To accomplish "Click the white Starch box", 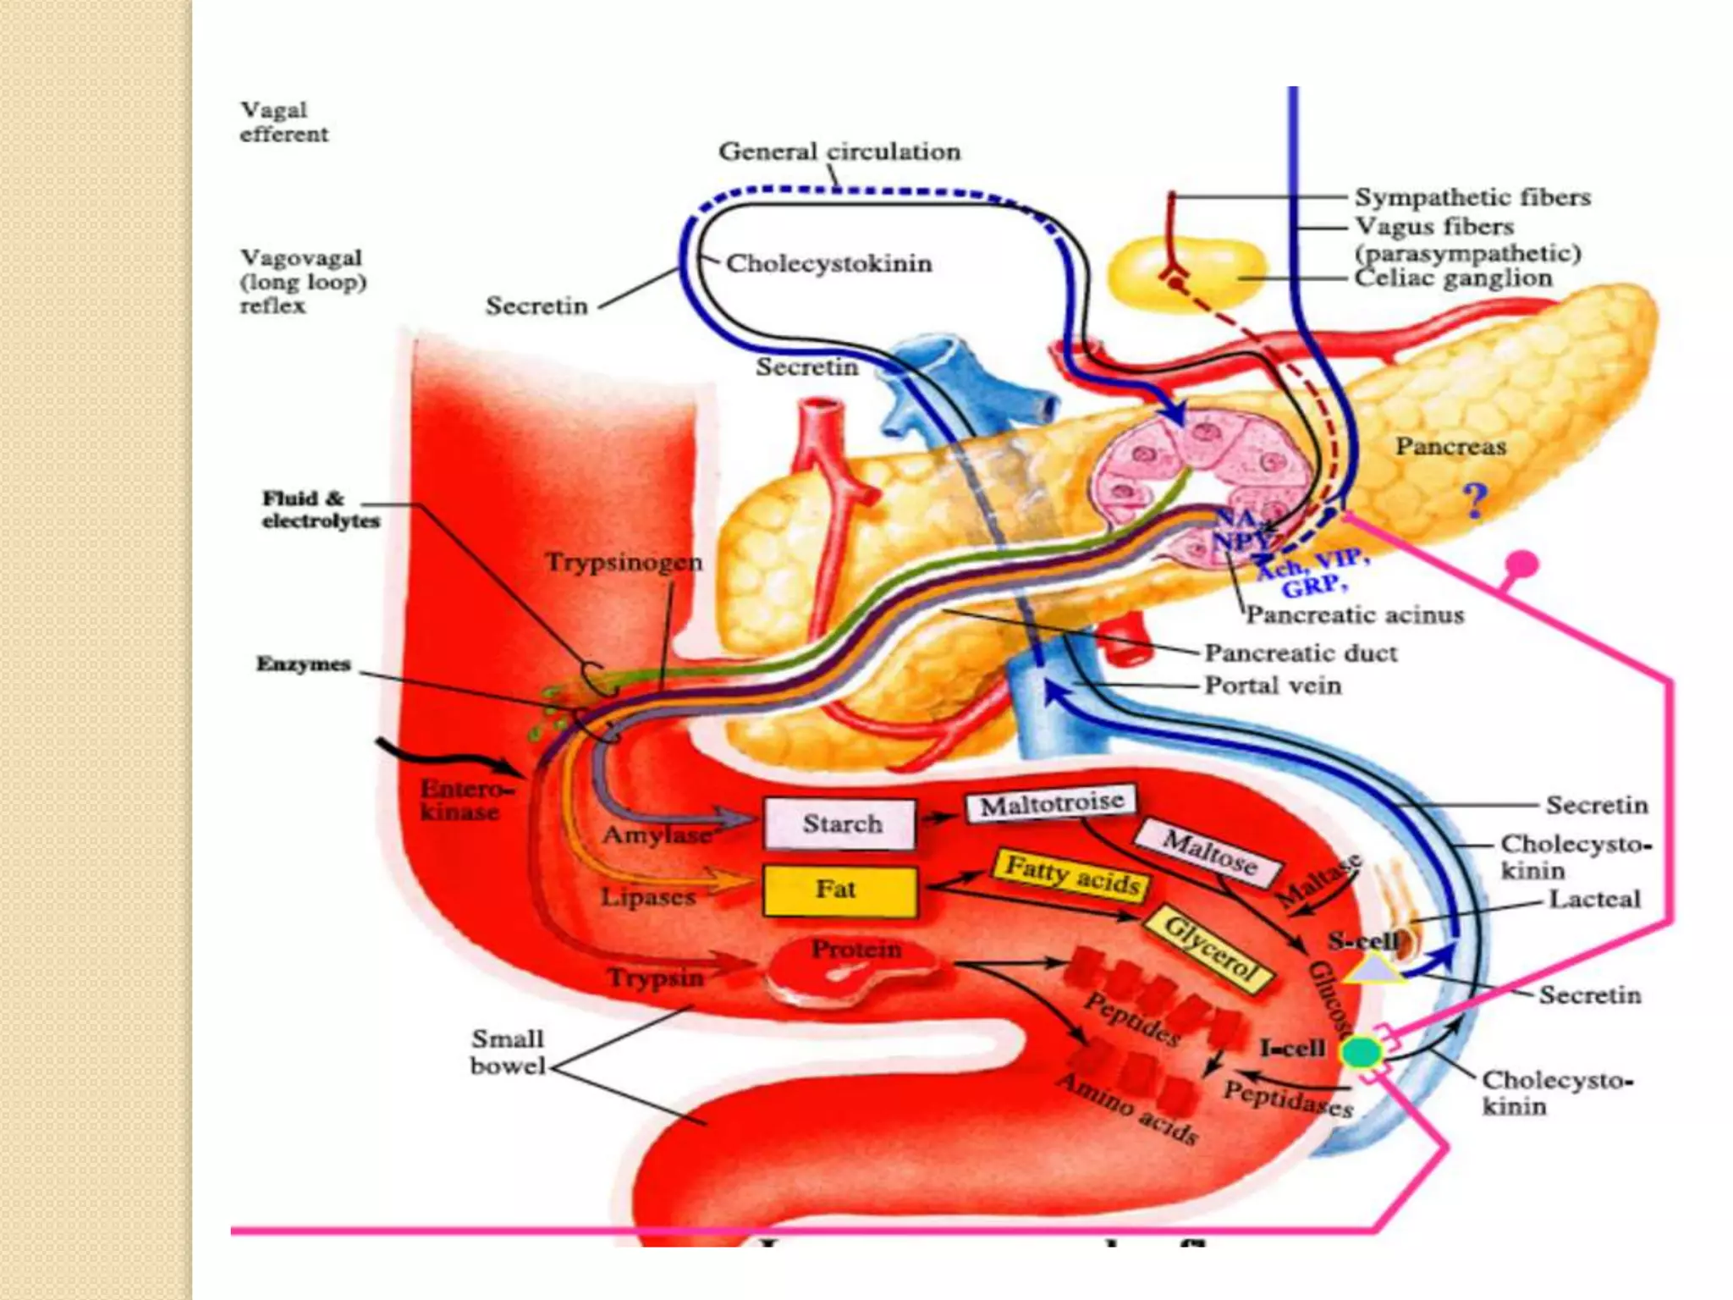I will [839, 824].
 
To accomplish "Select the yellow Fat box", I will [839, 890].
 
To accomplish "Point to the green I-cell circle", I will [1362, 1053].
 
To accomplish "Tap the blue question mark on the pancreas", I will [1475, 501].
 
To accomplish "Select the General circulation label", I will [839, 151].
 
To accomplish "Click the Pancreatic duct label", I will [1301, 653].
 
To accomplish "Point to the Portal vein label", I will [1273, 685].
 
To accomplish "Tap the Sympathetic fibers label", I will [1472, 197].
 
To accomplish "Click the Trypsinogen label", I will [624, 562].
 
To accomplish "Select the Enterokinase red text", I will [464, 800].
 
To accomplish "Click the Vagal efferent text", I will [283, 122].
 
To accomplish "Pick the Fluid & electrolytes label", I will [320, 510].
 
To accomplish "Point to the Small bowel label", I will [508, 1052].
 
